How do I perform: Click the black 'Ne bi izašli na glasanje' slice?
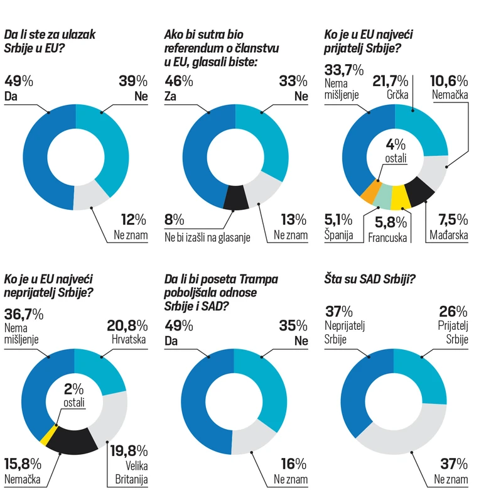pos(234,198)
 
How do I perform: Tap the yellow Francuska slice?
pos(399,199)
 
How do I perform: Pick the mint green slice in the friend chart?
pos(384,197)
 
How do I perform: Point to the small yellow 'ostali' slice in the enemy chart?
pos(45,433)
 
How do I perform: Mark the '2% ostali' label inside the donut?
pos(74,394)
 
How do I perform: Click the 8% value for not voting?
pos(175,220)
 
